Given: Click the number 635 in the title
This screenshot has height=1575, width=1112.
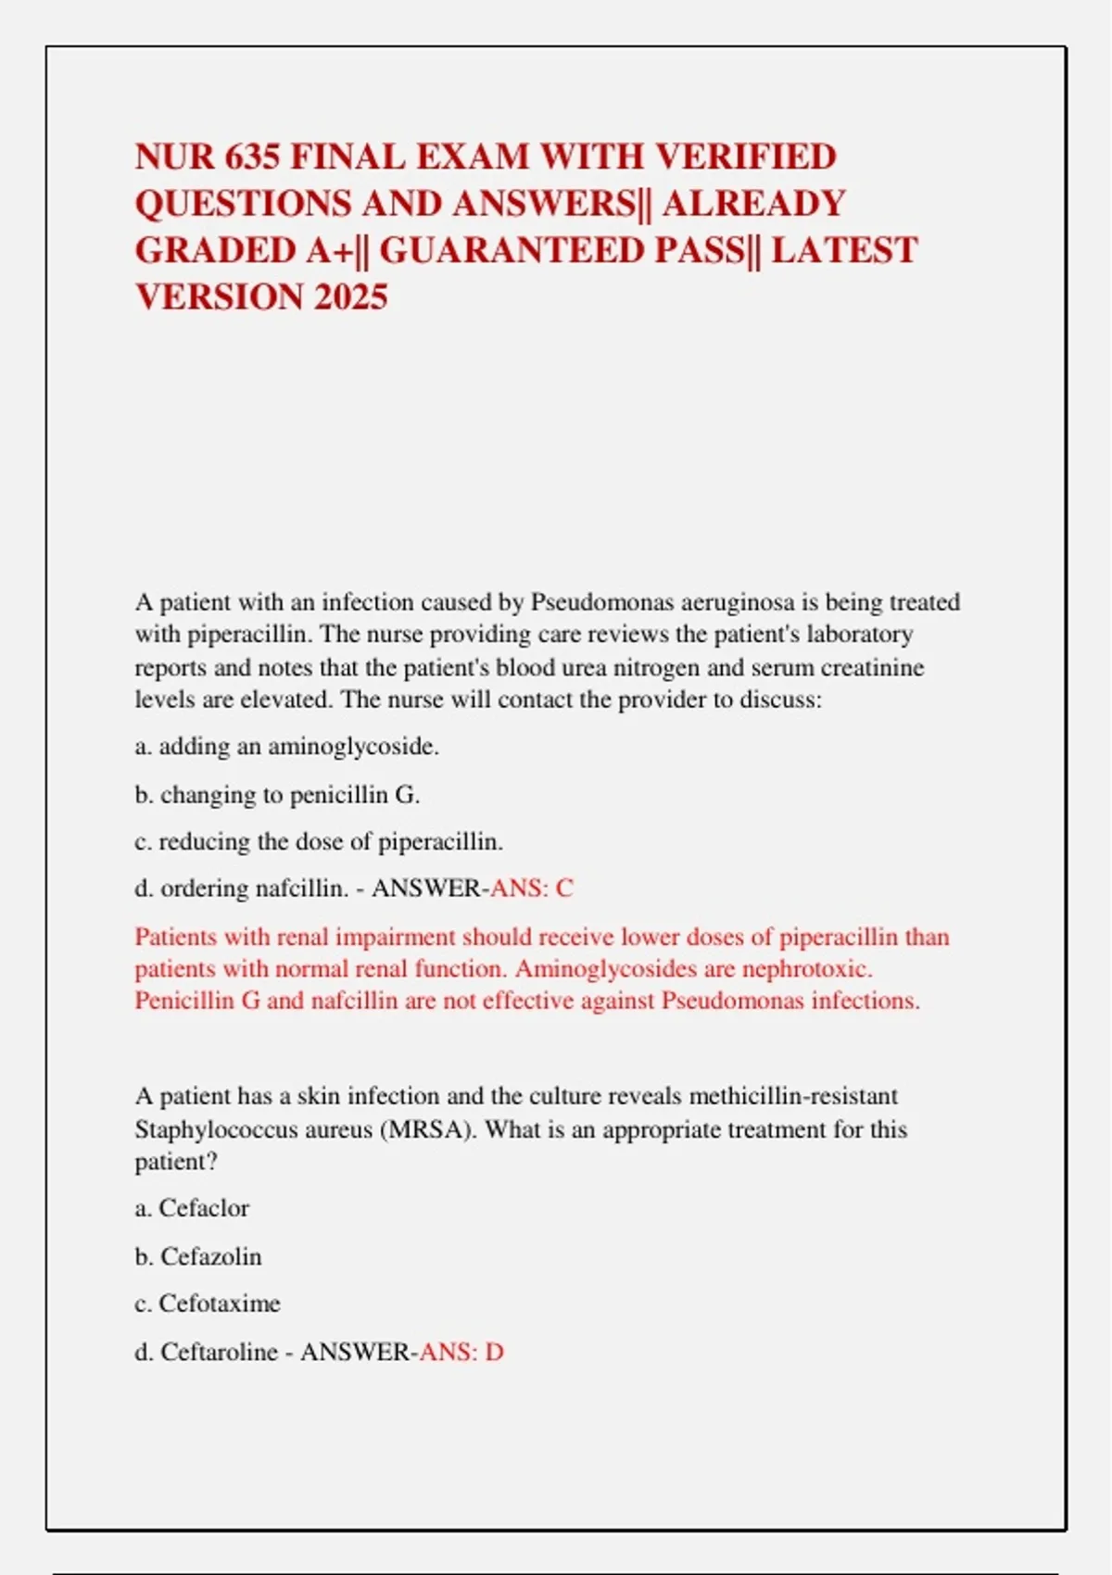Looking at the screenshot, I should [x=250, y=157].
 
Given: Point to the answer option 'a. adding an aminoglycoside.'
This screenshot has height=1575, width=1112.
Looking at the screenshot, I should [x=287, y=747].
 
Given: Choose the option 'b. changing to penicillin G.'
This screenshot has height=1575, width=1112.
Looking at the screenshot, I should [x=277, y=795].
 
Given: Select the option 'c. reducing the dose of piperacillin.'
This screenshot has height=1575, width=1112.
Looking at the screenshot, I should [x=319, y=842].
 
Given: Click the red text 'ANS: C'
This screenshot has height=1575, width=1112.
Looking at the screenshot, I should [x=532, y=888].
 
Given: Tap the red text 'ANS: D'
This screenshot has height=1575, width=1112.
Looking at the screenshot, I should [x=461, y=1352].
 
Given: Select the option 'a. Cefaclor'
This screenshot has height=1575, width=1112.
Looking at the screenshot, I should [x=192, y=1208].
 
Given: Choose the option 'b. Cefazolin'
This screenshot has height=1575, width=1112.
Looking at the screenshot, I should [x=198, y=1256].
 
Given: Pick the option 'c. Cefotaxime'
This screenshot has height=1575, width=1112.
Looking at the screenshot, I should [x=208, y=1304].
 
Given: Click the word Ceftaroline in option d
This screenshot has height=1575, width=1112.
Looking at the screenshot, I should [x=219, y=1352].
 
